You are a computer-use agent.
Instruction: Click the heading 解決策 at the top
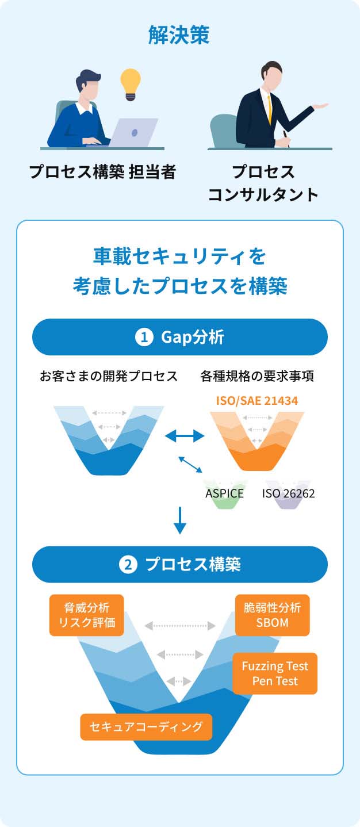pos(179,36)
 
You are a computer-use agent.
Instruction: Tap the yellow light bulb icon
pos(131,84)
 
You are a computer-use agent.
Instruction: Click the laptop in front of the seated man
pos(133,132)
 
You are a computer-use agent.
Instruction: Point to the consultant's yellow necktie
pos(269,109)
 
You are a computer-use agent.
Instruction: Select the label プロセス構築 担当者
pos(102,172)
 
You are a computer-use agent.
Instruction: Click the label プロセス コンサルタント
pos(263,183)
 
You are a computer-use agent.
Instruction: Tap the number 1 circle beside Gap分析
pos(144,337)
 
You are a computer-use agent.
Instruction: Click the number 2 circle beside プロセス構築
pos(128,564)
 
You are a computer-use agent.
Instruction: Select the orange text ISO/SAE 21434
pos(257,400)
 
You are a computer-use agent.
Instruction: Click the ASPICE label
pos(224,493)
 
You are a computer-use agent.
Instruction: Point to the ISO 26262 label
pos(289,493)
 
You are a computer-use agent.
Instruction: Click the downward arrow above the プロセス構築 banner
pos(180,520)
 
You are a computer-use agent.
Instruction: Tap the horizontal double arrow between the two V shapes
pos(185,437)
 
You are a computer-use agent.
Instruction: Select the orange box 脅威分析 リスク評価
pos(87,615)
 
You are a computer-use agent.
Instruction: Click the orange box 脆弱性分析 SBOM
pos(273,615)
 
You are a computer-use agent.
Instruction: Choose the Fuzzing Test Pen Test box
pos(275,673)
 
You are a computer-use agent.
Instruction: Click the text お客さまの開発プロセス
pos(109,377)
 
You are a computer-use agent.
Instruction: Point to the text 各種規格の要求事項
pos(256,377)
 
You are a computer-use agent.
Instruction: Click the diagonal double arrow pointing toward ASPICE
pos(190,465)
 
